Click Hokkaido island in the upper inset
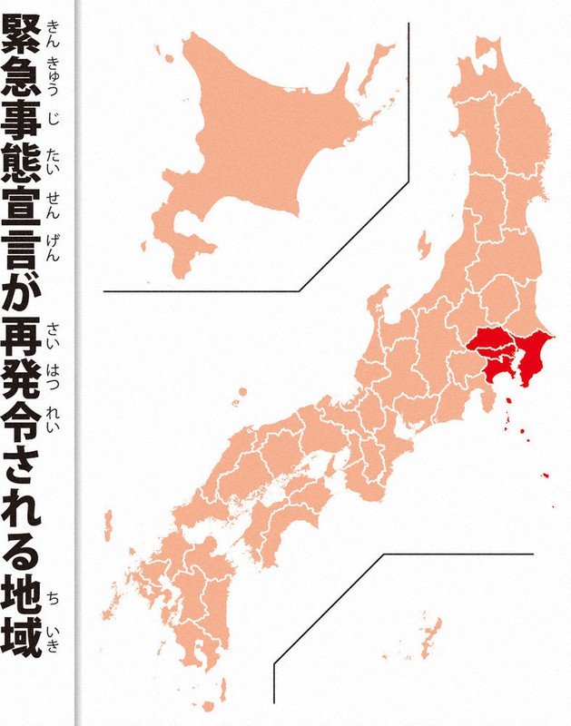pyautogui.click(x=263, y=136)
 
